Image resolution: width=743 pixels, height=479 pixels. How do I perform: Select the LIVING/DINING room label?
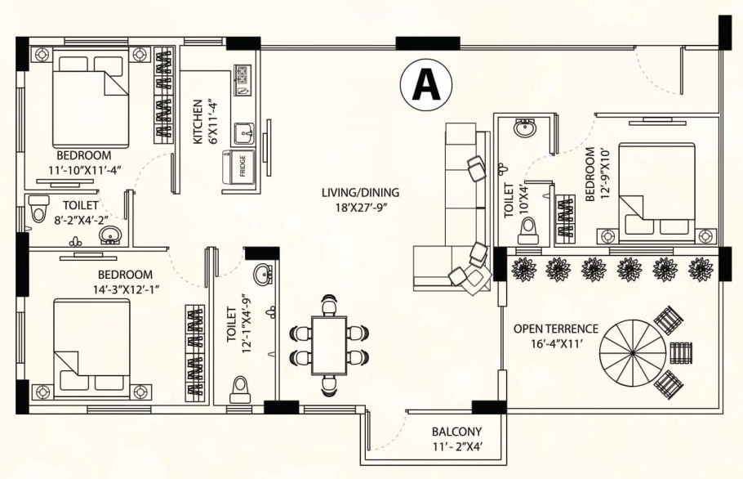pyautogui.click(x=359, y=193)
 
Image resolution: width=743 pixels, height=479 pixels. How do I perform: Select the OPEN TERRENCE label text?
pyautogui.click(x=555, y=329)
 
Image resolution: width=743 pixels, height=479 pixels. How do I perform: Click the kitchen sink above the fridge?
pyautogui.click(x=243, y=132)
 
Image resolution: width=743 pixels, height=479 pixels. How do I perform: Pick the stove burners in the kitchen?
pyautogui.click(x=242, y=76)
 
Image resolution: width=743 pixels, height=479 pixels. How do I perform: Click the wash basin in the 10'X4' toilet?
pyautogui.click(x=525, y=128)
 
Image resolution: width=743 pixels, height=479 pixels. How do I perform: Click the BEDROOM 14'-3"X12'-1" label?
pyautogui.click(x=125, y=282)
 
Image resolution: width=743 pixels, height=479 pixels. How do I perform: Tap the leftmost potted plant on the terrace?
pyautogui.click(x=522, y=268)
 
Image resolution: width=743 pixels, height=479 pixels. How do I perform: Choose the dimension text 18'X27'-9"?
pyautogui.click(x=359, y=207)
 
